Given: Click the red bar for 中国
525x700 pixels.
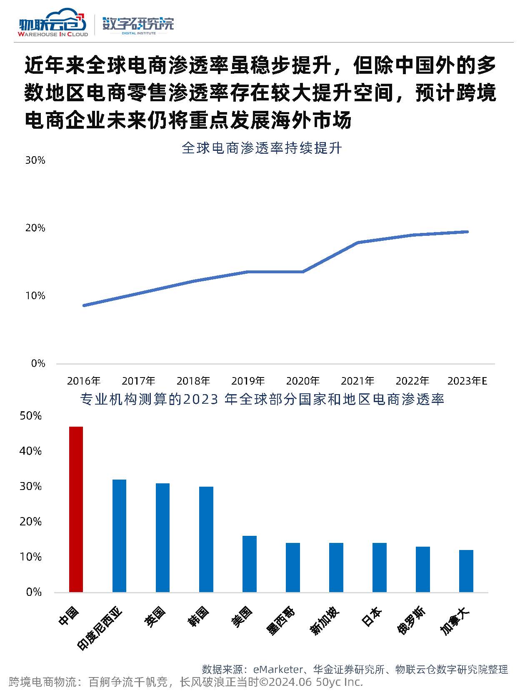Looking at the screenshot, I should (76, 509).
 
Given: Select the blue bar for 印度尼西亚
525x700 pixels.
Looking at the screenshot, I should (119, 535).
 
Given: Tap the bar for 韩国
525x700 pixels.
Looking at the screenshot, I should (206, 539).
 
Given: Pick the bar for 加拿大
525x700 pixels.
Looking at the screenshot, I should (466, 570).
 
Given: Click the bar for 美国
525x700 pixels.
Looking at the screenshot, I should (249, 563).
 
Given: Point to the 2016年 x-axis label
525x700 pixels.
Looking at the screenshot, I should (84, 381).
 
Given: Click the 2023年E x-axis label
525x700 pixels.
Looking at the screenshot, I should (467, 381).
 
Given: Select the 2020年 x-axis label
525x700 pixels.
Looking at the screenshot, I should (303, 381).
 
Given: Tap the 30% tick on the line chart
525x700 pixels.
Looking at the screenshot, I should (35, 160).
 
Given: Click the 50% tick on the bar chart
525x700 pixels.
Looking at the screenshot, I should (30, 416).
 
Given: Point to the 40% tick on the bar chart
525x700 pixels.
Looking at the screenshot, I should (30, 451).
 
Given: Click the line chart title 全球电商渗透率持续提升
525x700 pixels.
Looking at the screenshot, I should (262, 148).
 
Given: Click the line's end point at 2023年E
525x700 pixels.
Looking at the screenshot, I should (467, 232).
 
